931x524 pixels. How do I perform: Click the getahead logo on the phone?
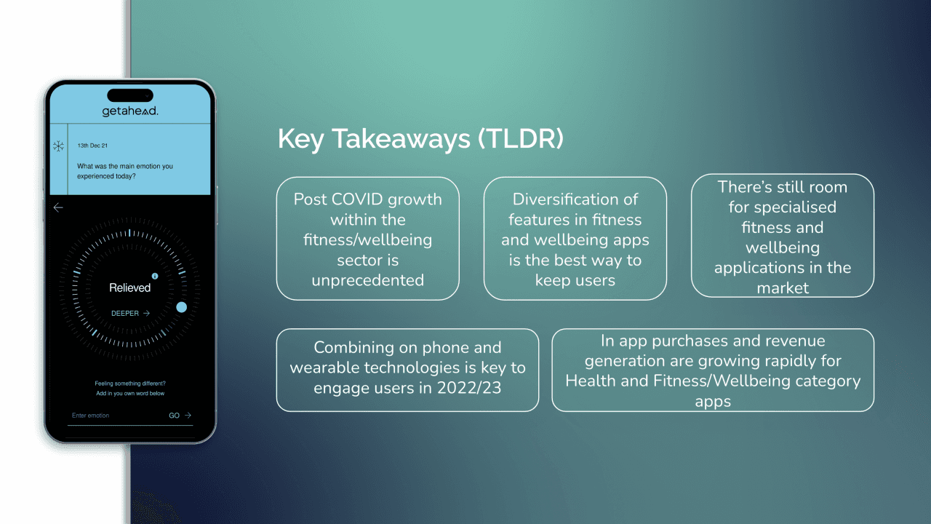130,111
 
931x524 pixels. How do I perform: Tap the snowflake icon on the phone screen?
58,146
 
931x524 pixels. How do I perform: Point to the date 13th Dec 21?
92,146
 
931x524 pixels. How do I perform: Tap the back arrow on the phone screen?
58,207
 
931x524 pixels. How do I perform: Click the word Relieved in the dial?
129,287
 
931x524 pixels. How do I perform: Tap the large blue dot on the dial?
181,307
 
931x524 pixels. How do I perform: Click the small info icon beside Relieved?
155,277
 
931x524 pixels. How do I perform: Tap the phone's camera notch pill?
130,95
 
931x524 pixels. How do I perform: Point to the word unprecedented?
367,280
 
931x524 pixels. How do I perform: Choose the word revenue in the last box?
797,341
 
